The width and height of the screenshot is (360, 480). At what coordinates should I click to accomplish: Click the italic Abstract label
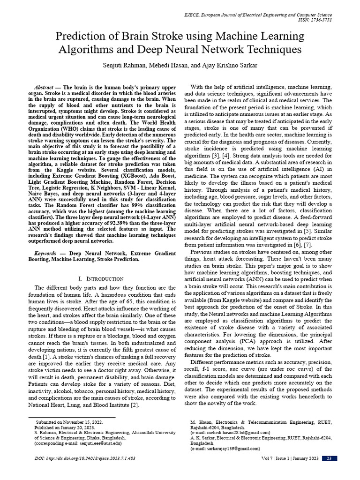pyautogui.click(x=44, y=88)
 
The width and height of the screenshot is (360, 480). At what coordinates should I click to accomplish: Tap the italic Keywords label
pyautogui.click(x=44, y=253)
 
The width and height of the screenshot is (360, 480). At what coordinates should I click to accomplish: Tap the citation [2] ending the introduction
pyautogui.click(x=135, y=405)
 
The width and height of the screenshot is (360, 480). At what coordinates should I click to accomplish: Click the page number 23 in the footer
pyautogui.click(x=329, y=458)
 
